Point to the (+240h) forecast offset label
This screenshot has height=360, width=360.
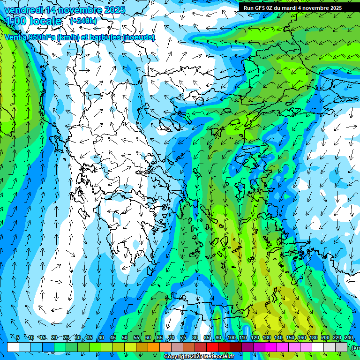pyautogui.click(x=83, y=21)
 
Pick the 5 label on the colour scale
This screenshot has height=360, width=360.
pyautogui.click(x=18, y=337)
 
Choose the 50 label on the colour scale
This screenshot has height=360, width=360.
pyautogui.click(x=124, y=337)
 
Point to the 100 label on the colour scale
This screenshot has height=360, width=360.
pyautogui.click(x=231, y=337)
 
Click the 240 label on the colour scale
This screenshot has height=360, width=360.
pyautogui.click(x=348, y=337)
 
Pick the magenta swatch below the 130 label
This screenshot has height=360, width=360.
pyautogui.click(x=271, y=347)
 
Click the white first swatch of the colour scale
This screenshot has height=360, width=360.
pyautogui.click(x=13, y=347)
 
